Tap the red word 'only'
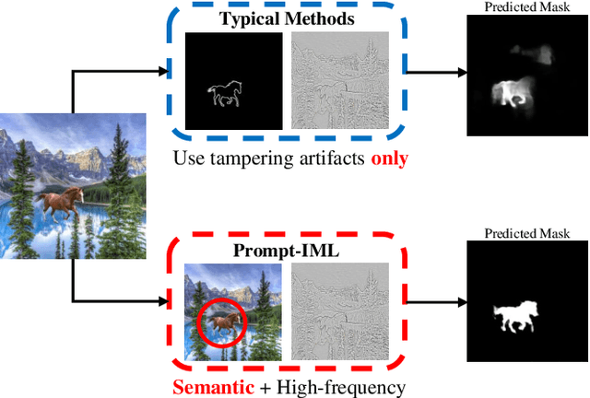coord(389,158)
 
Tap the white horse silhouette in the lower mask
coord(516,316)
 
